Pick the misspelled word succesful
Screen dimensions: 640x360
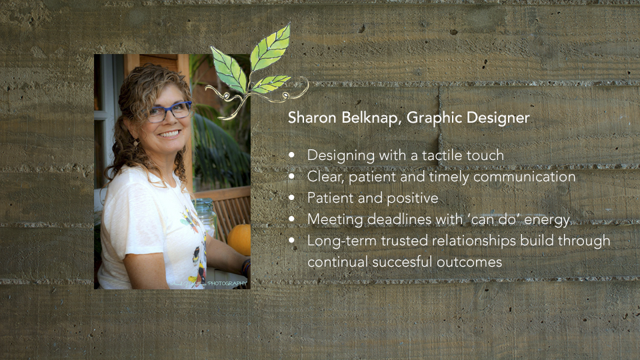pos(401,261)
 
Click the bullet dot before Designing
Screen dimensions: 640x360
pos(291,155)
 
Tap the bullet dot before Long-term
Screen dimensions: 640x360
pos(291,240)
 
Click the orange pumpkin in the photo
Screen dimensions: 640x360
pos(240,239)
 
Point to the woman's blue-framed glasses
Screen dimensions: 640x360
pos(169,112)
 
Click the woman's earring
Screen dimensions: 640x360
pos(135,142)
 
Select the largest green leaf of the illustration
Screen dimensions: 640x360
pos(270,48)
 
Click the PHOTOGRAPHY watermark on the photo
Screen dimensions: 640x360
pos(227,283)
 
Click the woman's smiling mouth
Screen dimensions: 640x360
pos(169,133)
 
